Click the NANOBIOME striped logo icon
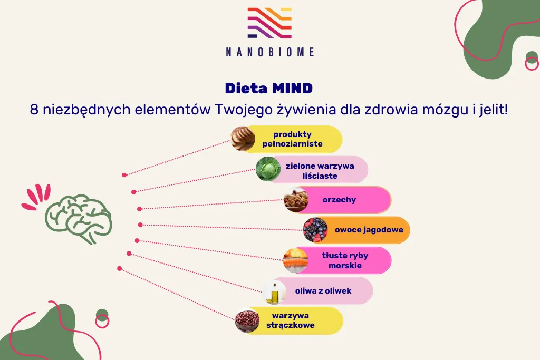[269, 23]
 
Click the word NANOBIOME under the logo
[269, 52]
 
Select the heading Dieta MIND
[269, 88]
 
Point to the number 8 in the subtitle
[34, 111]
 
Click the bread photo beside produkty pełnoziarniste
[243, 139]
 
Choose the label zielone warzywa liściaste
[320, 170]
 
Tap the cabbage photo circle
[268, 169]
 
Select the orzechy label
[339, 200]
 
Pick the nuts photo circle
[296, 200]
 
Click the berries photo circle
[315, 230]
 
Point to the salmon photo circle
[295, 260]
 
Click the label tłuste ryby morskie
[345, 260]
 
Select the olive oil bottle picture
[274, 291]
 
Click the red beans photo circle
[247, 321]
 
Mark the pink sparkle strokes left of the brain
[35, 197]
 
